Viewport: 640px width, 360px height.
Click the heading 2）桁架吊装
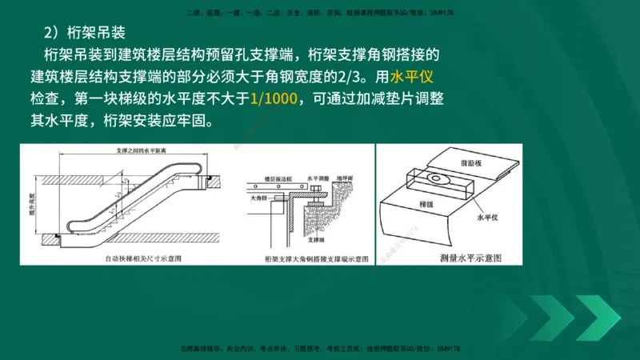(84, 34)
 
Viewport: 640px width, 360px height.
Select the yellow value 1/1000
(274, 100)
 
